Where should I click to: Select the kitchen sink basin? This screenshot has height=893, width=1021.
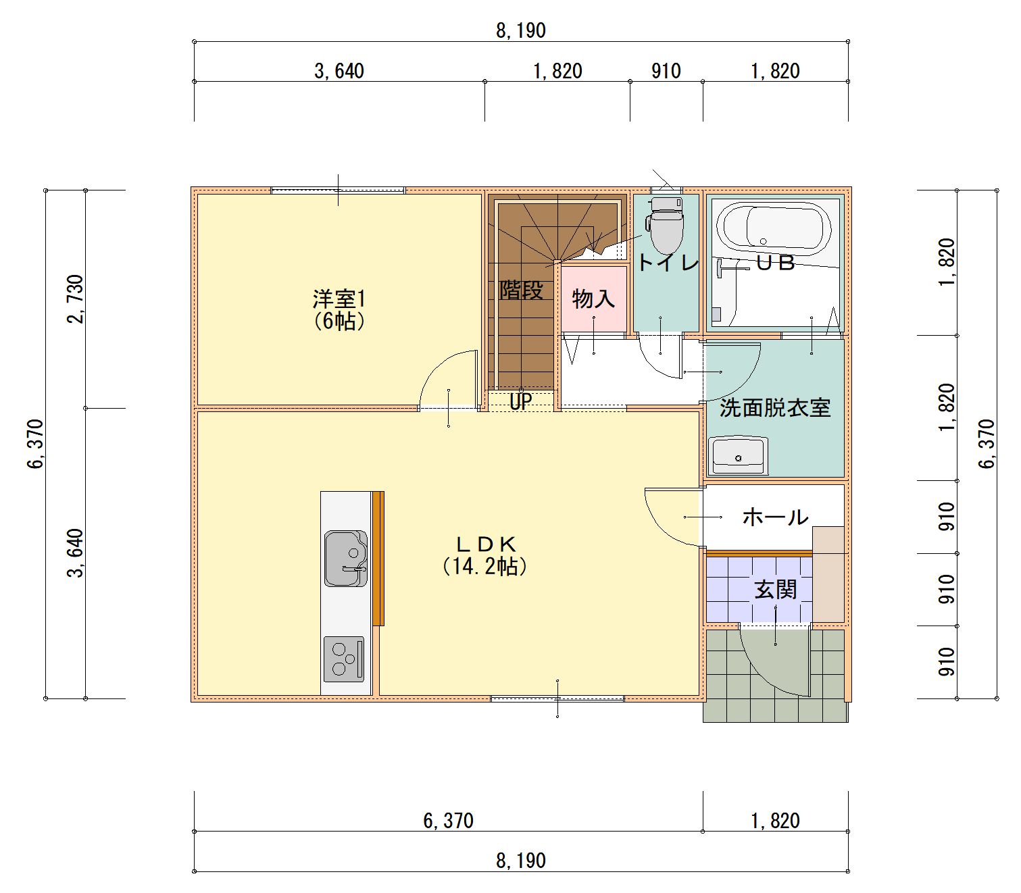pos(345,558)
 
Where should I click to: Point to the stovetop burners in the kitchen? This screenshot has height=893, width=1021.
pos(344,659)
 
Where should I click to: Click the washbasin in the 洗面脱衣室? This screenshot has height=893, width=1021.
pos(739,456)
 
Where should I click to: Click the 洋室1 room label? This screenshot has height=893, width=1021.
pos(339,299)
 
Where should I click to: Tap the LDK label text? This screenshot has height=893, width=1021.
pos(486,544)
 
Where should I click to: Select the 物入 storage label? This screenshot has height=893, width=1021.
pos(593,299)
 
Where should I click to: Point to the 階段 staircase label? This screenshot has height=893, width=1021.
pos(521,290)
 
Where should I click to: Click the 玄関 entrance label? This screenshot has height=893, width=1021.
pos(775,590)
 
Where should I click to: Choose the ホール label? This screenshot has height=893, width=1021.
pos(775,517)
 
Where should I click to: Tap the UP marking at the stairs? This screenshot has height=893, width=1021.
pos(520,401)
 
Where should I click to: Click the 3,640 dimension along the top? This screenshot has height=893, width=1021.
pos(339,72)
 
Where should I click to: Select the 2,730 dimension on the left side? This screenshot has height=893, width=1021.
pos(76,299)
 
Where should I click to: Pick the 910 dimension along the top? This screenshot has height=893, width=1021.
pos(666,72)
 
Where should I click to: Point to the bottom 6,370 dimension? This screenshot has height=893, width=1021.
pos(448,821)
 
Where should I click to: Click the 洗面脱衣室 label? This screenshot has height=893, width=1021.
pos(774,408)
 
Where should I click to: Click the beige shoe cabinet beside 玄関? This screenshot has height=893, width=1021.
pos(828,574)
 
